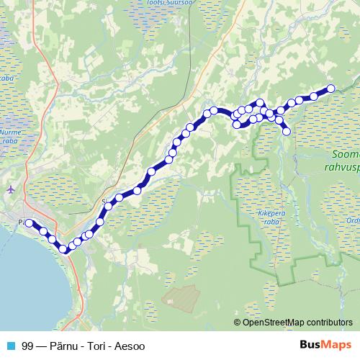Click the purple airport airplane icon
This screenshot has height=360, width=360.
click(10, 189)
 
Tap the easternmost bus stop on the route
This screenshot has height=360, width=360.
click(331, 89)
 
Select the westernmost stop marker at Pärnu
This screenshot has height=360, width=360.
click(30, 223)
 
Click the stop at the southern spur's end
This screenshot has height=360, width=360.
click(287, 131)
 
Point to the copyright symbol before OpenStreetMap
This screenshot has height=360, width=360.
click(238, 322)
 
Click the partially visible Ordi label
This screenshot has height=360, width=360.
click(352, 220)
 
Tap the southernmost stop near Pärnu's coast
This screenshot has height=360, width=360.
click(63, 249)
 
